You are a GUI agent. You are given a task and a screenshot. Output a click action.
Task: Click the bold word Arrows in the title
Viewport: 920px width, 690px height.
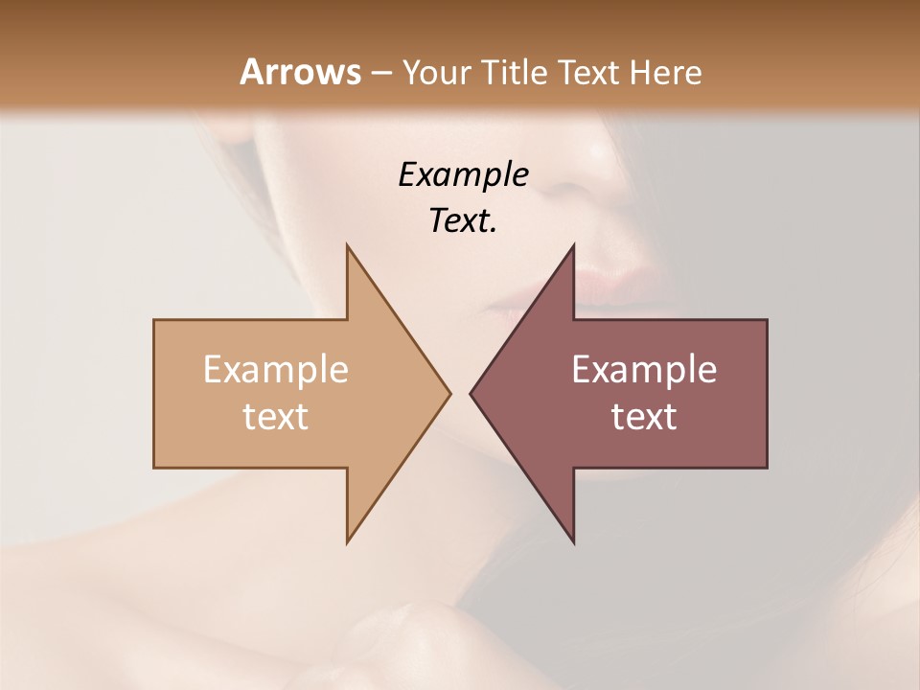tap(299, 72)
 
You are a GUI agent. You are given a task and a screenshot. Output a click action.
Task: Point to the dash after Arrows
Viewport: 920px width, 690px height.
tap(380, 73)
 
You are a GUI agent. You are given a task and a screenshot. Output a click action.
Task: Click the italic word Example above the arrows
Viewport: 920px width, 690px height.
tap(463, 174)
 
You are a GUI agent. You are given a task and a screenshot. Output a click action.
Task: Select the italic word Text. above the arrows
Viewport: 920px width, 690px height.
tap(463, 220)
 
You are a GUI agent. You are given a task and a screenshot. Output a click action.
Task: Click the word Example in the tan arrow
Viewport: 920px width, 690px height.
tap(275, 370)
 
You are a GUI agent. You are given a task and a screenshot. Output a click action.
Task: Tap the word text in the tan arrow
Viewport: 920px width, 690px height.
tap(275, 417)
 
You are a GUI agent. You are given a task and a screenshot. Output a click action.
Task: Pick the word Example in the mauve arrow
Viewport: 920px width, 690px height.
tap(644, 370)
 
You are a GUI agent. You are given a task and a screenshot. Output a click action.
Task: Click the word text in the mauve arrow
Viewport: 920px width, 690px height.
tap(644, 417)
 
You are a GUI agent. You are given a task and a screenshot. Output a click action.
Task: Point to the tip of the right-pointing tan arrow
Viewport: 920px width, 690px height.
tap(449, 393)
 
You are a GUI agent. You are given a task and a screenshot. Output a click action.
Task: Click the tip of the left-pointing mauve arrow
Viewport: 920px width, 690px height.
tap(471, 393)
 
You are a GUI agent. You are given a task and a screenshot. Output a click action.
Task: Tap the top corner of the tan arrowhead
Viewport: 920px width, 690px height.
tap(347, 245)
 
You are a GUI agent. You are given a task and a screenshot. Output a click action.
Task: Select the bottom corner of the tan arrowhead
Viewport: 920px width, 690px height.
tap(347, 542)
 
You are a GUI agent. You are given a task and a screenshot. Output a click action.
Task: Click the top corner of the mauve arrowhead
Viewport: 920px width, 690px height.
tap(573, 245)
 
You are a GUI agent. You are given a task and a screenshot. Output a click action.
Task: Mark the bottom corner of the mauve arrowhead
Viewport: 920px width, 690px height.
tap(573, 542)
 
